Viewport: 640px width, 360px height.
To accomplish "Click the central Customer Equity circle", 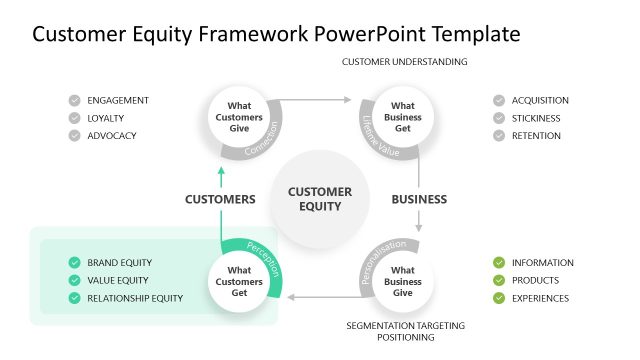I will click(x=320, y=199).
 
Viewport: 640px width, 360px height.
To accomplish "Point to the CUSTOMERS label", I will click(x=220, y=199).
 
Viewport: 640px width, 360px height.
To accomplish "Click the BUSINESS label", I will click(x=419, y=199).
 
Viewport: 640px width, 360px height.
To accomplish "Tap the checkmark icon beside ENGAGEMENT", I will click(x=75, y=100).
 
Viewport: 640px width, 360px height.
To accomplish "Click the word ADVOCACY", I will click(x=111, y=136).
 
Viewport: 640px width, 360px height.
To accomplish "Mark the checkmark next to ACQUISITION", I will click(x=498, y=100).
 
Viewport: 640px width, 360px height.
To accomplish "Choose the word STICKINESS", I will click(x=536, y=118).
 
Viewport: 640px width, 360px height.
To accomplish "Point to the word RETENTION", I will click(x=536, y=136).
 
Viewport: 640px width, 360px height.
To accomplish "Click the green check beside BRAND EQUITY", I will click(x=75, y=263).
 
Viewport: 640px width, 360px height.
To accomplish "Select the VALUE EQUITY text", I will click(x=118, y=281).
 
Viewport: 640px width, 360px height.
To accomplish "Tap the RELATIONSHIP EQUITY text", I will click(x=135, y=298).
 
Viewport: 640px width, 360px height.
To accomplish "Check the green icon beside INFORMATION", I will click(x=498, y=263).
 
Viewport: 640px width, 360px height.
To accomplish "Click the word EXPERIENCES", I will click(x=540, y=298).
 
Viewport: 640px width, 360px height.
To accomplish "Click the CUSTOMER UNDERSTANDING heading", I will click(x=405, y=62).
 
